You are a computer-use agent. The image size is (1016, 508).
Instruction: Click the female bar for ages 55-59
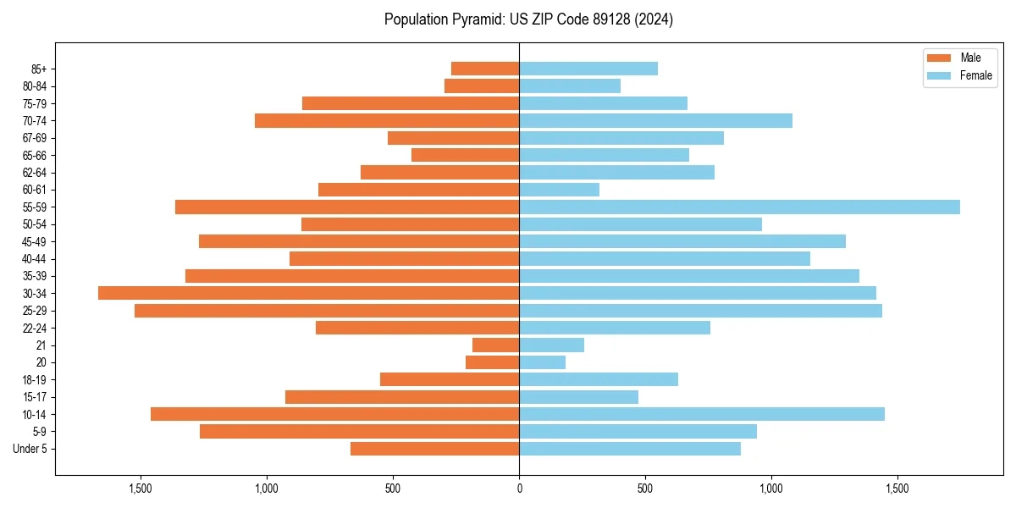pos(739,207)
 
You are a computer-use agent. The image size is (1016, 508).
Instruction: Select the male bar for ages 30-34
pos(308,293)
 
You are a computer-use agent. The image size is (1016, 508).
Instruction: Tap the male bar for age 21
pos(495,345)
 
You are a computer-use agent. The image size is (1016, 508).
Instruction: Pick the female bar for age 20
pos(542,362)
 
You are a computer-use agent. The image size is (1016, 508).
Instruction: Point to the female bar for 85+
pos(588,69)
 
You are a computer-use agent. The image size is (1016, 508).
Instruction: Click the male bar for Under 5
pos(434,449)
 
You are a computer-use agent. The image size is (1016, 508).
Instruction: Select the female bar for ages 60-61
pos(559,190)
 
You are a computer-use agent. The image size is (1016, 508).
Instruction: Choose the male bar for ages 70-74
pos(387,120)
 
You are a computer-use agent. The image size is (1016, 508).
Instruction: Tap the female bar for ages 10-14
pos(702,414)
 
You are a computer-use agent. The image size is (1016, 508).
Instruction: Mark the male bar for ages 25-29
pos(327,311)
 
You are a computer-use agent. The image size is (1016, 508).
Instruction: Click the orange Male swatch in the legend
pos(939,58)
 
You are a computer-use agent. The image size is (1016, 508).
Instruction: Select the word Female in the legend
pos(975,75)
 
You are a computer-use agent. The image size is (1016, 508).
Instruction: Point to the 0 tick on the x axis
pos(519,489)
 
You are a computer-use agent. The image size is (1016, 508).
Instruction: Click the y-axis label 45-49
pos(34,241)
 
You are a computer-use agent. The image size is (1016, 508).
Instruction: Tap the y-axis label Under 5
pos(30,449)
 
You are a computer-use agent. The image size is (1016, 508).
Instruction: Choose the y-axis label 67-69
pos(34,138)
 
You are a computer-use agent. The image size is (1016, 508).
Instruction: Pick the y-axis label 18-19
pos(34,380)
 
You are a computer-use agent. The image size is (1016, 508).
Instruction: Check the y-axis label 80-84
pos(34,86)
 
